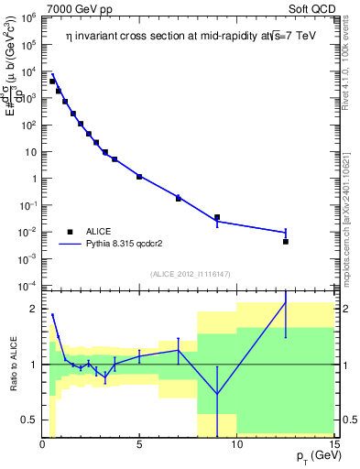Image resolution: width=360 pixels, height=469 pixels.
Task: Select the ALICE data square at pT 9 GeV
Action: [217, 217]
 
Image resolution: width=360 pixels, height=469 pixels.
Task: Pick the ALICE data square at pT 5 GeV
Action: [139, 176]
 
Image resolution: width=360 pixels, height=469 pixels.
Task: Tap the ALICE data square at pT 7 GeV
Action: [179, 198]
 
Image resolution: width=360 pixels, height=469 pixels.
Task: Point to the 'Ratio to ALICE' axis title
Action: [13, 364]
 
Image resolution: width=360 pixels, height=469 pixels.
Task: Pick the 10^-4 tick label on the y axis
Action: [27, 286]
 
